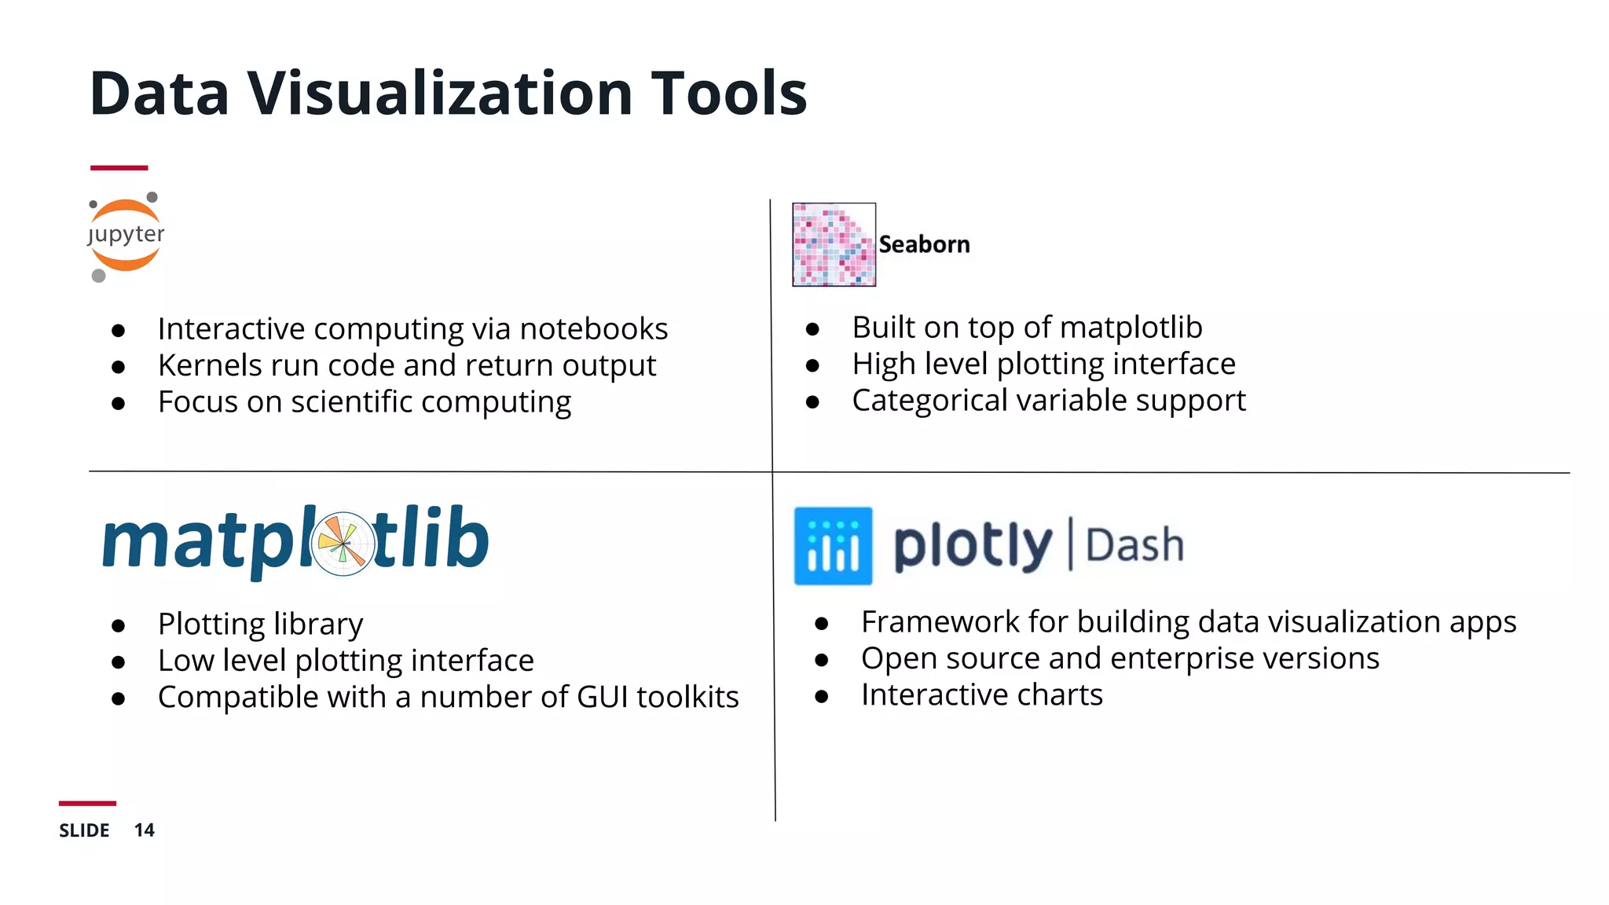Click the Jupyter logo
(x=126, y=236)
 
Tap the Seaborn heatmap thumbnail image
(x=834, y=244)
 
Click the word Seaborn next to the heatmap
(x=924, y=244)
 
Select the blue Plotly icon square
(x=833, y=546)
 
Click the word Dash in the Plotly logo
(x=1134, y=545)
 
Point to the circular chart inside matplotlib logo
(x=343, y=543)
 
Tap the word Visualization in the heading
(x=440, y=93)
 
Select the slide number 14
(x=144, y=830)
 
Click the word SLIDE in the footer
(x=84, y=830)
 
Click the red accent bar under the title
(x=119, y=167)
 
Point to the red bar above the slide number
(x=87, y=803)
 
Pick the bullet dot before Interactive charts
(x=822, y=696)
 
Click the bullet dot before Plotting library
(x=119, y=625)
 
